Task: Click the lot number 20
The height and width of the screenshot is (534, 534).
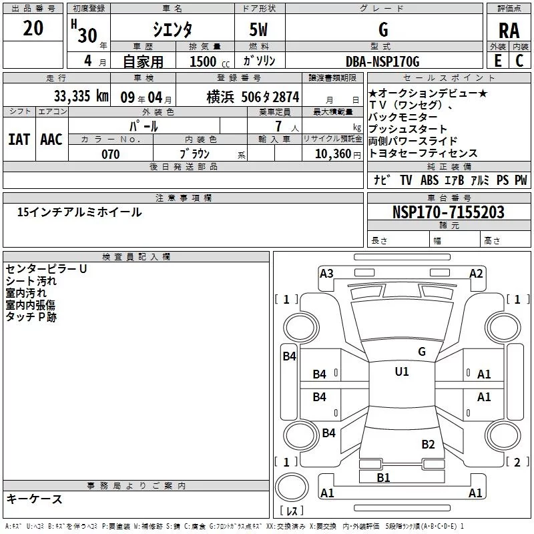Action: point(33,29)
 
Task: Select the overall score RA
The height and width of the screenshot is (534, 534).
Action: point(509,31)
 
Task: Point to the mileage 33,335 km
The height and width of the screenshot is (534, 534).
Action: point(81,97)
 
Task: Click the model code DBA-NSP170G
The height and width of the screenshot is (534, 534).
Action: point(382,62)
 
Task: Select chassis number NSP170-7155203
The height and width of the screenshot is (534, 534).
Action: point(448,213)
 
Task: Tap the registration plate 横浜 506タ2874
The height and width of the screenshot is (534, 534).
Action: point(252,97)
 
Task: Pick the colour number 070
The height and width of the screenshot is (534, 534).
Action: point(110,154)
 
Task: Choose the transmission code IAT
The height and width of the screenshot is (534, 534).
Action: point(19,139)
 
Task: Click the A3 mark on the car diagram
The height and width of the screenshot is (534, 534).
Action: point(326,273)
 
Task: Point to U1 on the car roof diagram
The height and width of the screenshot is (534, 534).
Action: point(401,372)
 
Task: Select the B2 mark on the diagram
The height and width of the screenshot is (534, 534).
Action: point(428,445)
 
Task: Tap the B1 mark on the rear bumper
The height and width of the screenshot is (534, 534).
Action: point(383,477)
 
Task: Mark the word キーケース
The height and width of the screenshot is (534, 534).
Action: point(35,499)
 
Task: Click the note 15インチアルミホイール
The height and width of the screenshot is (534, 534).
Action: point(79,212)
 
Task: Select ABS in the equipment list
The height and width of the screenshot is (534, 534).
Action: point(431,180)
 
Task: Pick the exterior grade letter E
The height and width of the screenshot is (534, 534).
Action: point(497,61)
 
